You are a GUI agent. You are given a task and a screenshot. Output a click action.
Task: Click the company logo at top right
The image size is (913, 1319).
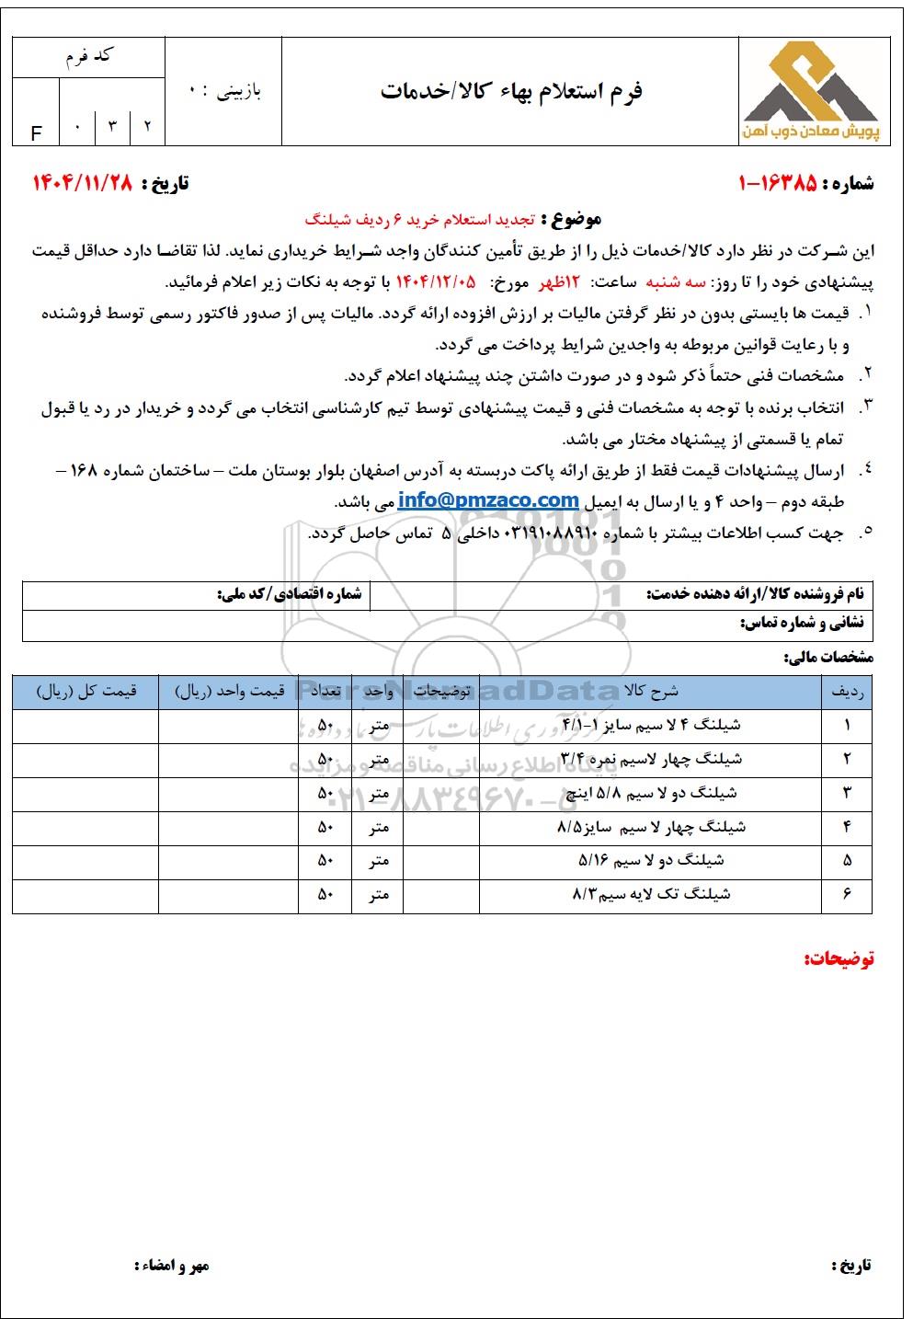[x=810, y=90]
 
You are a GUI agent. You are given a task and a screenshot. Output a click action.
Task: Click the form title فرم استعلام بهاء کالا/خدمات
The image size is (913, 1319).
[x=511, y=91]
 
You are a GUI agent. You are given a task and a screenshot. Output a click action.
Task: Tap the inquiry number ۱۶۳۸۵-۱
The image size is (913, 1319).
[x=778, y=183]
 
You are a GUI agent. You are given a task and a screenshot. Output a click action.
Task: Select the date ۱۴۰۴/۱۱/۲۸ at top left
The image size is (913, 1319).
[x=84, y=183]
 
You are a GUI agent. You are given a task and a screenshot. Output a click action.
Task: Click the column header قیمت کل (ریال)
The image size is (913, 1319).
[x=86, y=691]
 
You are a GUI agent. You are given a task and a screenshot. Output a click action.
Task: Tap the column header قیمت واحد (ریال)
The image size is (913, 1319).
[x=229, y=691]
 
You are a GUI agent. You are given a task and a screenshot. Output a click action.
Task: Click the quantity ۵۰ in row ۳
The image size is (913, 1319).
[x=325, y=793]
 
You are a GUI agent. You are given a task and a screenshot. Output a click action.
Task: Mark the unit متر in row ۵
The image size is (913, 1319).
[x=378, y=861]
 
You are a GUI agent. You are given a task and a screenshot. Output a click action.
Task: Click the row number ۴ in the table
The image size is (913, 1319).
[x=846, y=827]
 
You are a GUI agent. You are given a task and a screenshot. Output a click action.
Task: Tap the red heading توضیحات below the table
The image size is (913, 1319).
[x=839, y=959]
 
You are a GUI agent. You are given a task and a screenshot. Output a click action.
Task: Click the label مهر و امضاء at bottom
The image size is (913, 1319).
[x=172, y=1266]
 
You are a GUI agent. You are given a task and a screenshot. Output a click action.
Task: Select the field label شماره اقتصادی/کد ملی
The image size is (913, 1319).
[x=290, y=595]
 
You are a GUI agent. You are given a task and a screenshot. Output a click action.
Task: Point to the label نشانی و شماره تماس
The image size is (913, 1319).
[x=802, y=624]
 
